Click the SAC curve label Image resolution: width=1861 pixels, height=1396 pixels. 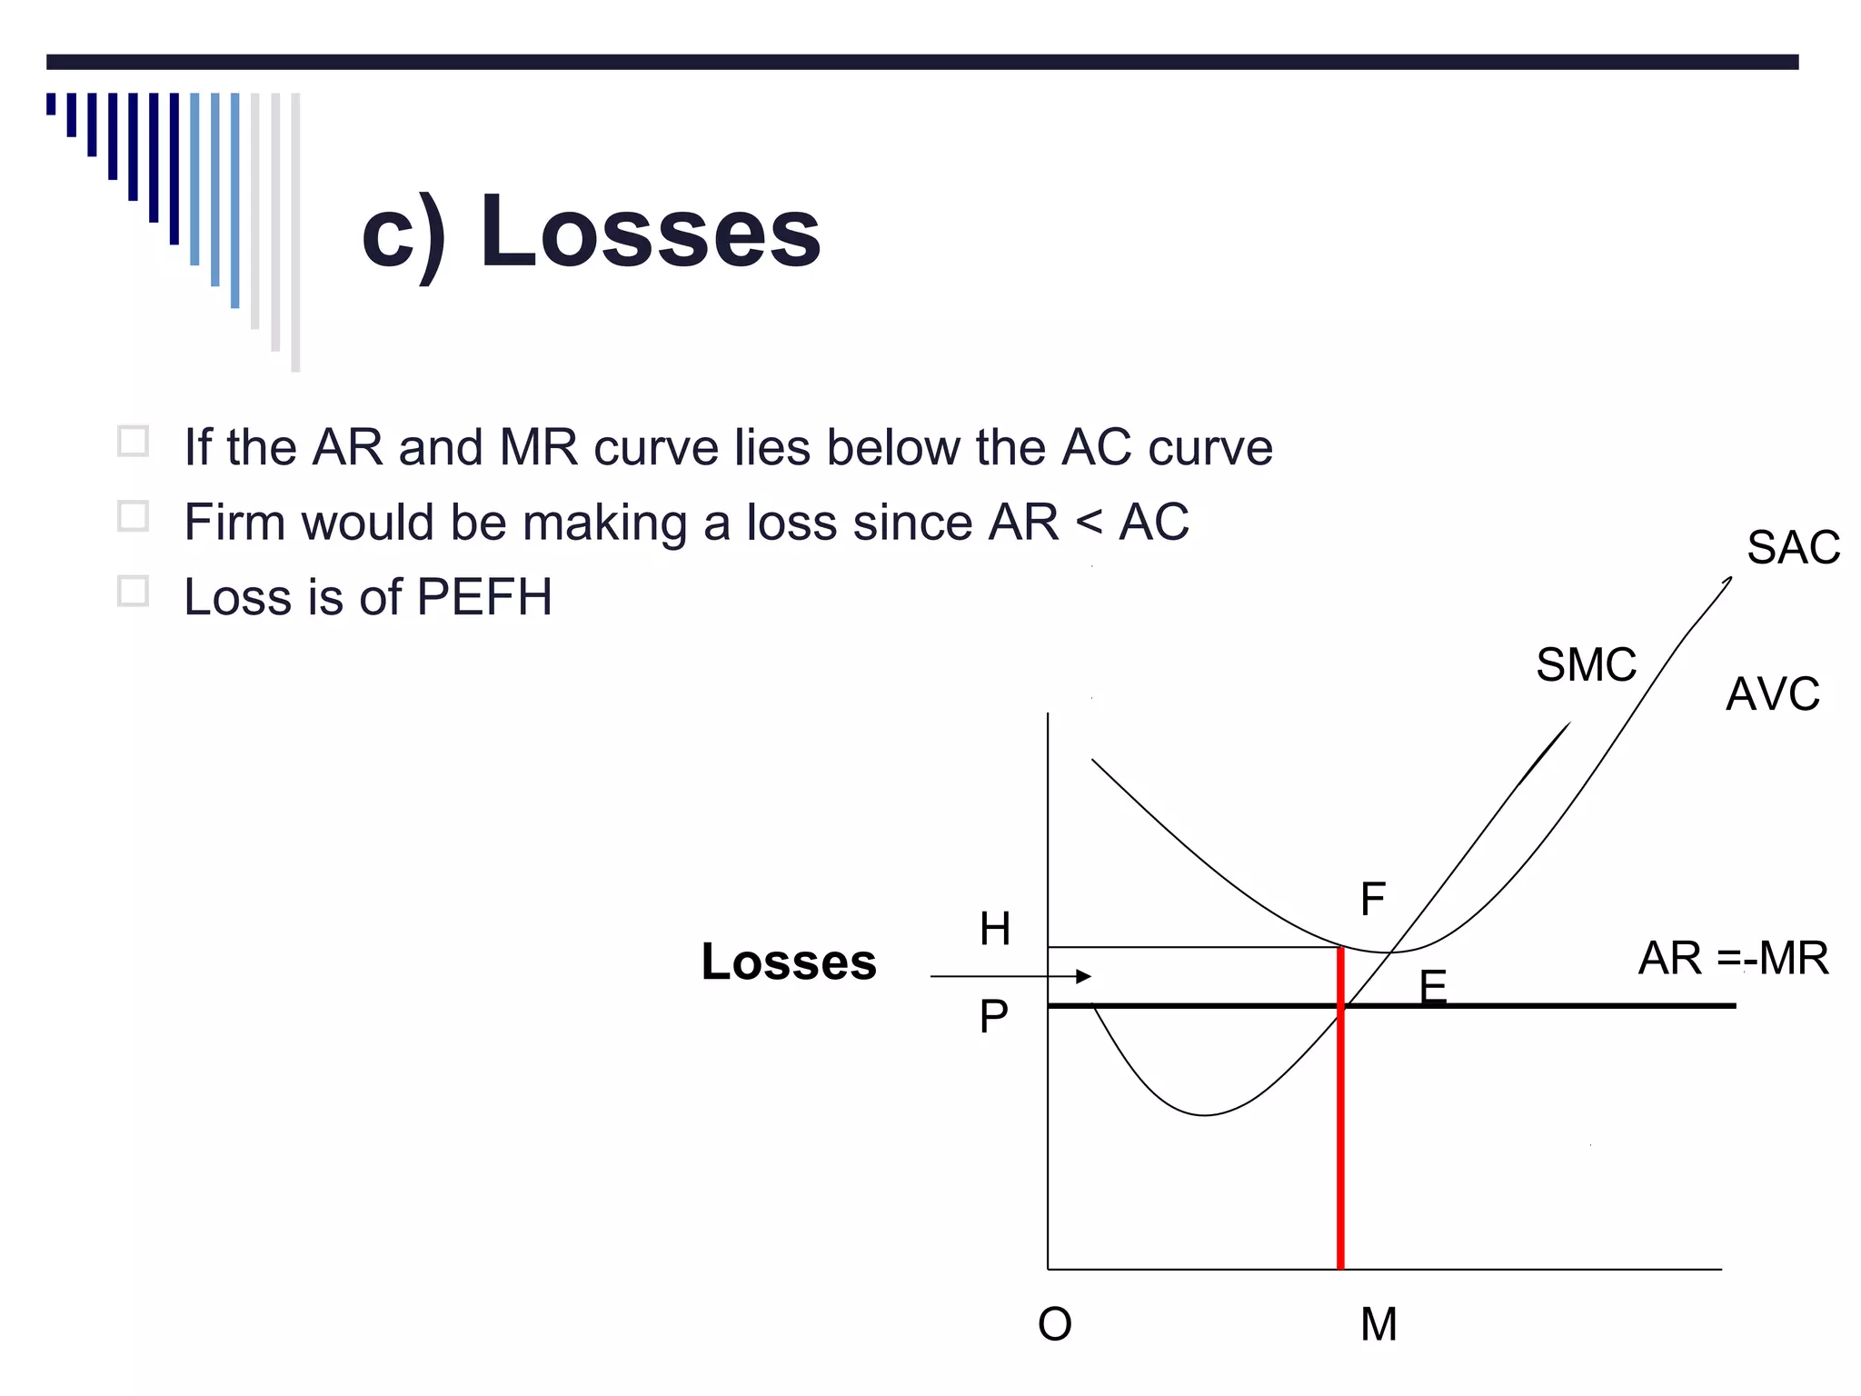1793,548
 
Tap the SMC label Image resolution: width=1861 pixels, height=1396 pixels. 1586,665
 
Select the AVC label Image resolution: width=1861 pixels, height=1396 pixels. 1772,694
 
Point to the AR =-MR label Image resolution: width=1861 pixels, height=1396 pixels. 1733,958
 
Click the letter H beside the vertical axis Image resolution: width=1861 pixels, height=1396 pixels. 995,929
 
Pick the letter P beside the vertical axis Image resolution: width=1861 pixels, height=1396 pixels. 993,1016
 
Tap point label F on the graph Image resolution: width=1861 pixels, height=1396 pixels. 1372,900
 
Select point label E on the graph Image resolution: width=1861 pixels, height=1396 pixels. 1432,985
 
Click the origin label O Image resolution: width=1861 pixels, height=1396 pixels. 1055,1324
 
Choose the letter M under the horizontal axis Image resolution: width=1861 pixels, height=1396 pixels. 1378,1324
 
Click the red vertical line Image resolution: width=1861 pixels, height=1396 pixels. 1340,1136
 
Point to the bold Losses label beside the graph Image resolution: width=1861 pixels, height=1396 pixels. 789,962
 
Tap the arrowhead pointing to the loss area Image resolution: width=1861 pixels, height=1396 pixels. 1083,976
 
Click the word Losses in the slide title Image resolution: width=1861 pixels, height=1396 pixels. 650,232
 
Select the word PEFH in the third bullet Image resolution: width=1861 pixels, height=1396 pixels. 483,597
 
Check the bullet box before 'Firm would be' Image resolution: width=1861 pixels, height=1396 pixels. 134,516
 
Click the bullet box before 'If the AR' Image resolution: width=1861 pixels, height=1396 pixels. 134,442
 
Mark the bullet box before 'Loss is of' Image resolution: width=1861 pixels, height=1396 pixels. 134,591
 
